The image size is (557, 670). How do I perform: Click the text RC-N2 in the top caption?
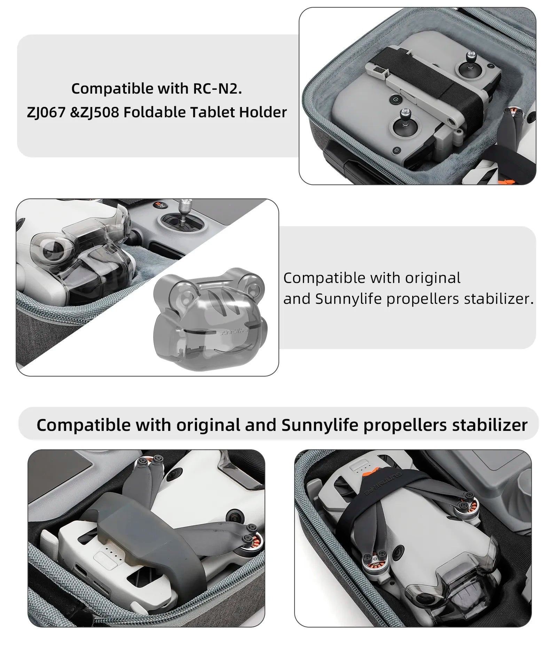click(x=217, y=89)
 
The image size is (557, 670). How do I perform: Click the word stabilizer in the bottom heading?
click(x=490, y=425)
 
